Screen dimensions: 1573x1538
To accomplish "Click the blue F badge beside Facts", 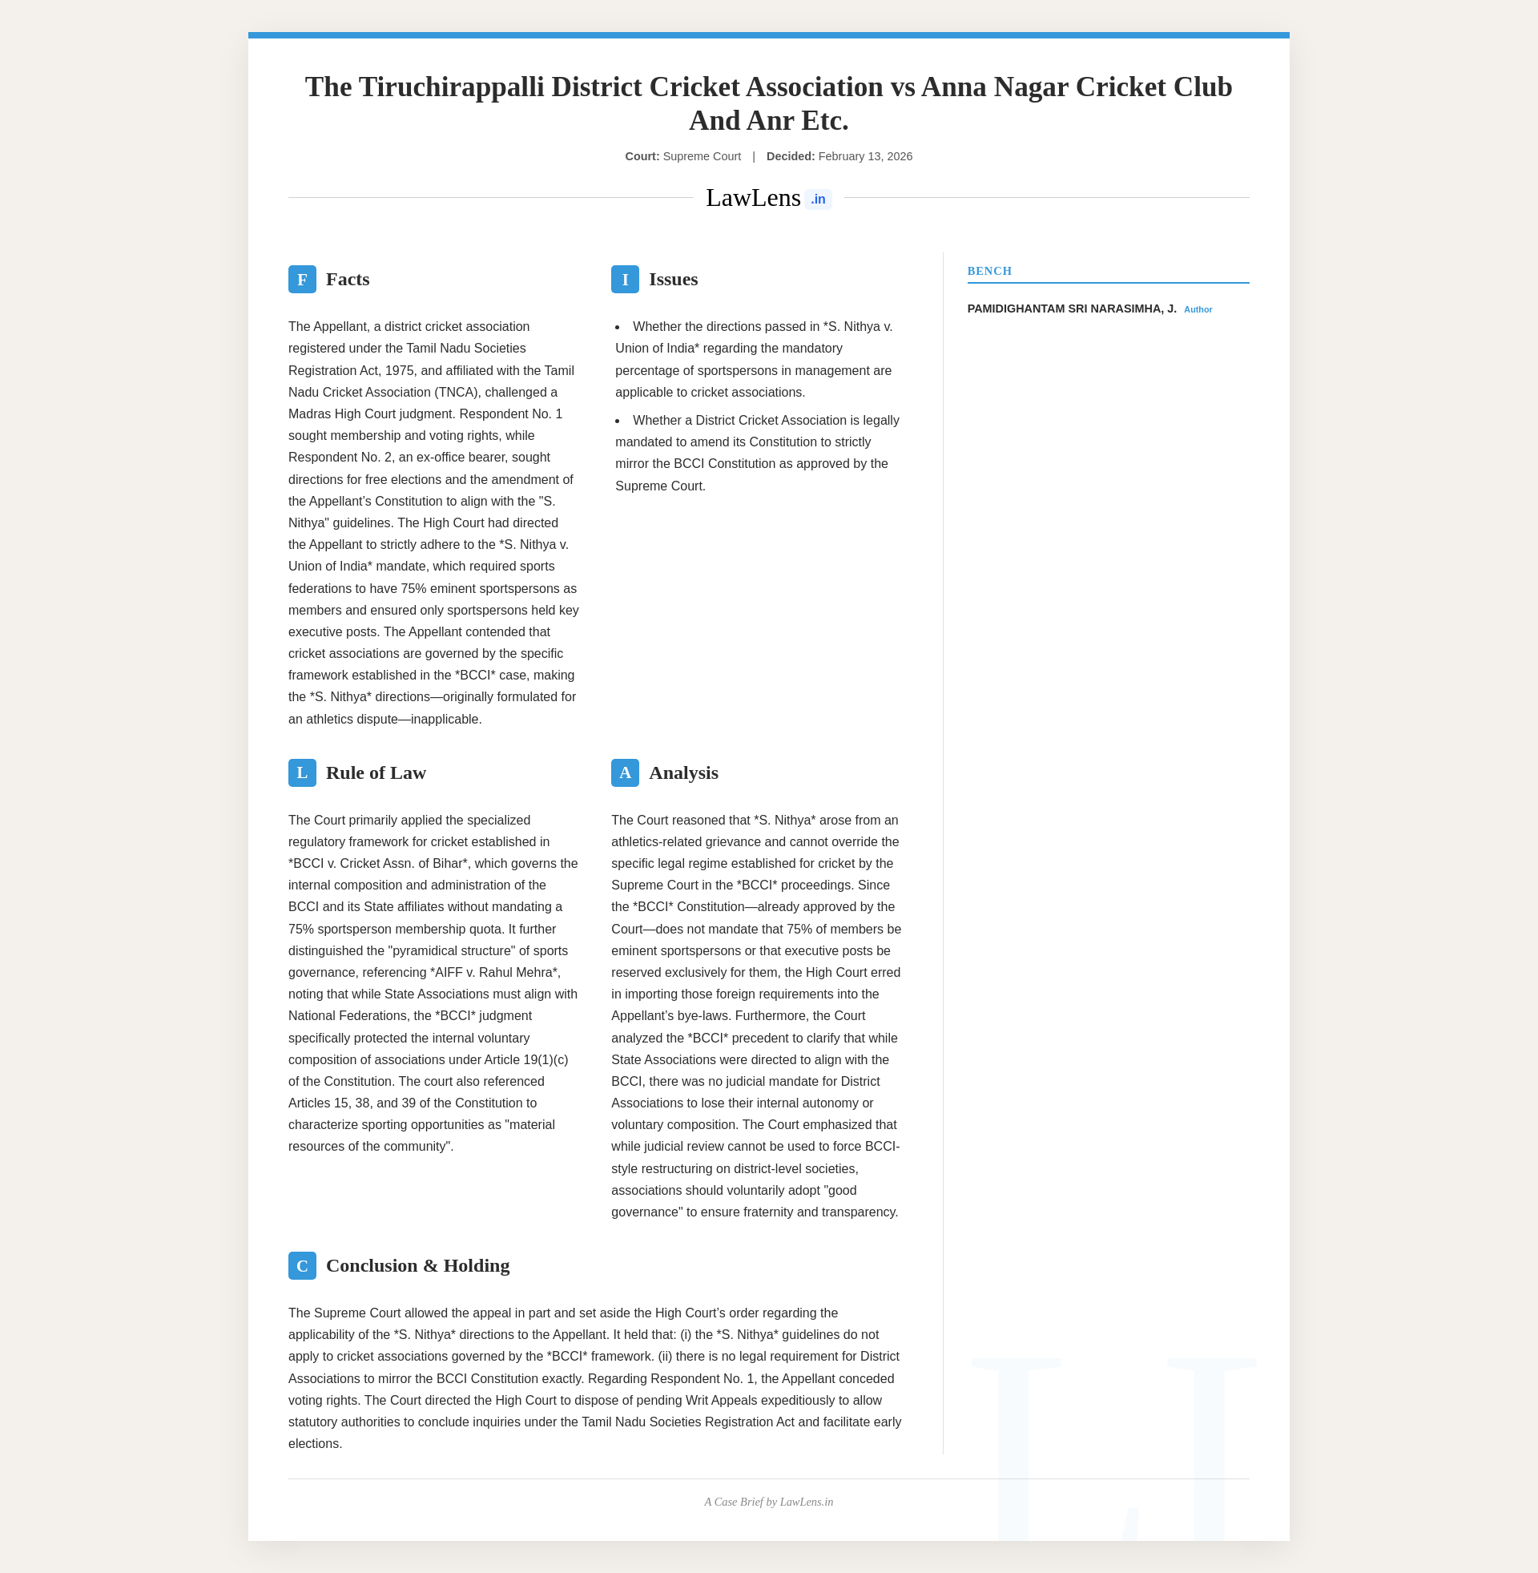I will pos(302,280).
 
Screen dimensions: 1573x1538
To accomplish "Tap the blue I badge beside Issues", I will pos(624,280).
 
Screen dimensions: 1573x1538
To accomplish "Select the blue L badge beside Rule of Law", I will pos(302,773).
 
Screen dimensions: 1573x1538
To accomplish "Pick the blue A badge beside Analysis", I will pos(624,773).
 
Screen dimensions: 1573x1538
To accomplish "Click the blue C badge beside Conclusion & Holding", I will pos(302,1266).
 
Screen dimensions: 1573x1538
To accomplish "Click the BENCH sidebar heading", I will pos(989,272).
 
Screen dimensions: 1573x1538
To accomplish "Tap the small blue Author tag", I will pos(1198,310).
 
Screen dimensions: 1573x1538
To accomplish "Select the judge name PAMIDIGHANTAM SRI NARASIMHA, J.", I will pos(1071,309).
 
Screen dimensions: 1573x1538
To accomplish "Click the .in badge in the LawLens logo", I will pos(818,200).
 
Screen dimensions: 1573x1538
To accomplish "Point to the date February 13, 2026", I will pos(865,157).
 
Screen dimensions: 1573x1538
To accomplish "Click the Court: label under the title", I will pos(642,157).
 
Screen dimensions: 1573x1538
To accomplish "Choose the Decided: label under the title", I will pos(790,157).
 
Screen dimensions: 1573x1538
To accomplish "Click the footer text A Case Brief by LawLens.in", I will pos(768,1502).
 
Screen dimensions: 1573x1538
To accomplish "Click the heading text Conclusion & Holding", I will pos(417,1266).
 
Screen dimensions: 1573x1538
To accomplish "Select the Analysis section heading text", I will pos(683,773).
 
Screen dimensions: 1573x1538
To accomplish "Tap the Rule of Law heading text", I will pos(376,773).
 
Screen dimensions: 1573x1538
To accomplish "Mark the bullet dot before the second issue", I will pos(617,421).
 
